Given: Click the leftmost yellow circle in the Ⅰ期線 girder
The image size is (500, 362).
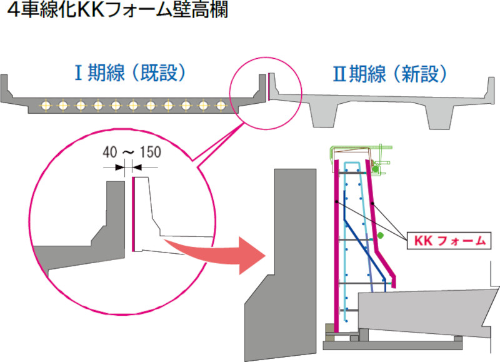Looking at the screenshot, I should [45, 105].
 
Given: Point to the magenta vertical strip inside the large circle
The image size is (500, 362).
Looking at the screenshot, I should [134, 213].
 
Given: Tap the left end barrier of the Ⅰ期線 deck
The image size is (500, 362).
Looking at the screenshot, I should [6, 85].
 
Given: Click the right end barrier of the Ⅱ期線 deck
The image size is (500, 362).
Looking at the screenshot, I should [491, 85].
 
